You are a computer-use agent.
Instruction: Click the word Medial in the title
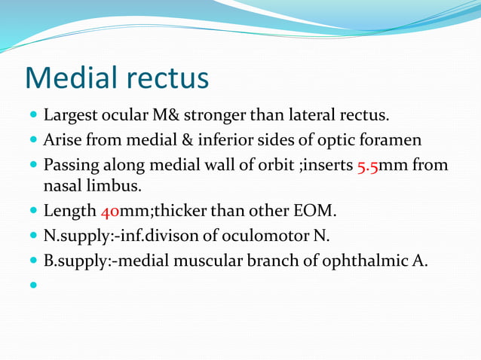point(71,78)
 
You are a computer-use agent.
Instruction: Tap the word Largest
point(73,117)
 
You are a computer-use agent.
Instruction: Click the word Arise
point(63,140)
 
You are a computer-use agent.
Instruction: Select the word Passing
point(74,164)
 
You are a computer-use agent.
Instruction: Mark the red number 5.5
point(370,164)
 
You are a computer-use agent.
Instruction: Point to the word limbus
point(112,185)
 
